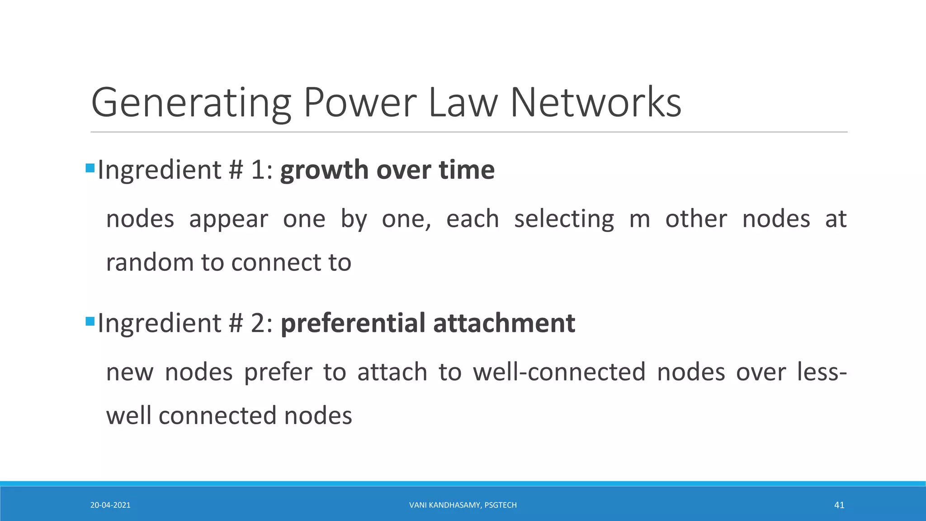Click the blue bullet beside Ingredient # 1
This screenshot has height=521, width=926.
tap(90, 169)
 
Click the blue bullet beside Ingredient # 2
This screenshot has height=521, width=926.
tap(90, 322)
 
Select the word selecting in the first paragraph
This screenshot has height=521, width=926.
tap(564, 219)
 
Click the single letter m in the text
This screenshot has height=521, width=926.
tap(639, 219)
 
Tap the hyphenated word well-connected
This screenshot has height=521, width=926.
tap(559, 372)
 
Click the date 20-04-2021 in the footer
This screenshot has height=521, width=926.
tap(110, 505)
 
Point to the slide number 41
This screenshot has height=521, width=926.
tap(839, 505)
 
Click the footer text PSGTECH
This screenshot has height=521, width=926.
tap(501, 505)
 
